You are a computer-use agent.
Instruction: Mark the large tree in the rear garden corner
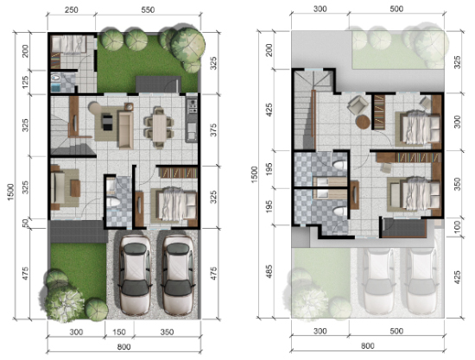pos(190,45)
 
